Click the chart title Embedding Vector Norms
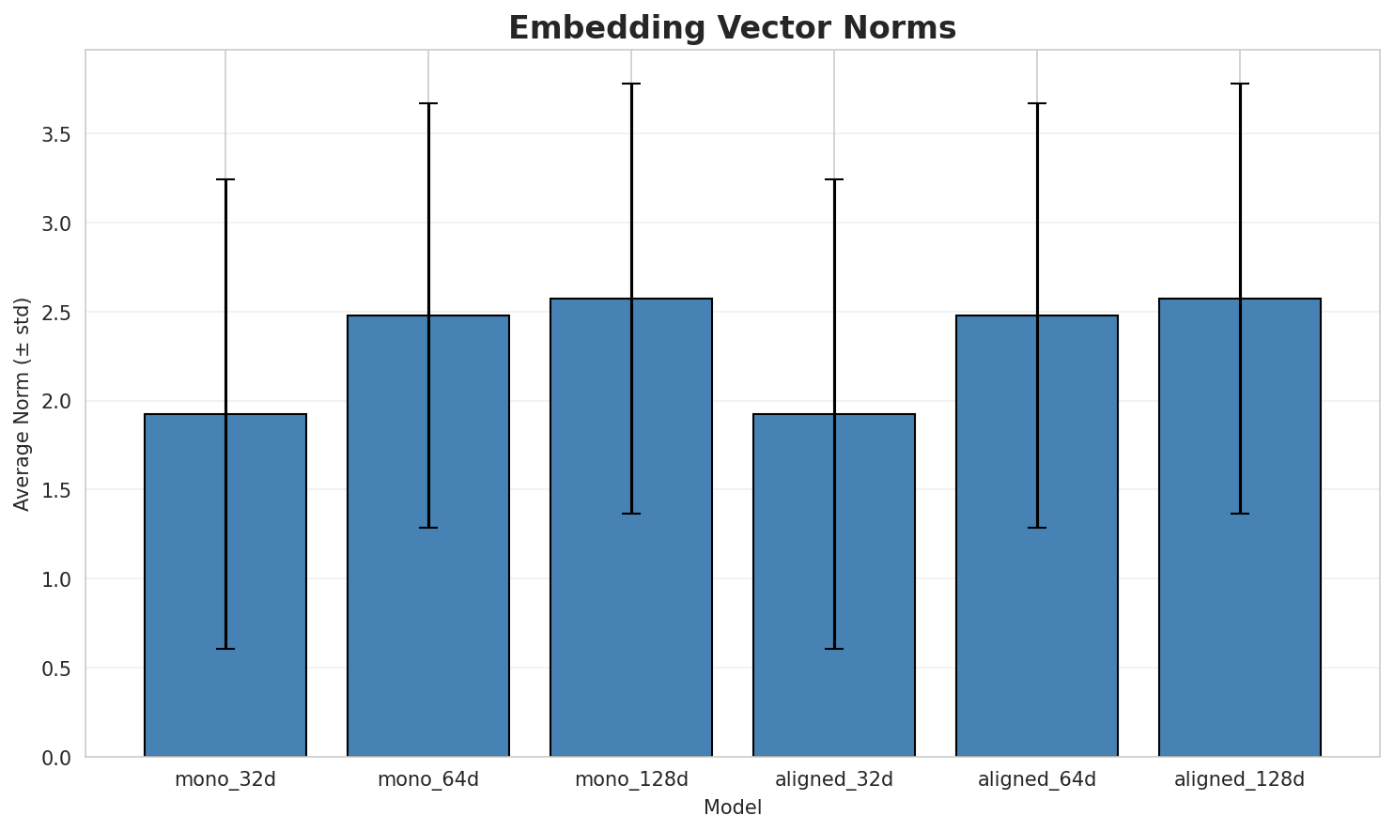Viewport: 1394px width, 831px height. tap(732, 28)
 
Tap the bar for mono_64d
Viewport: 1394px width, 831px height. tap(428, 536)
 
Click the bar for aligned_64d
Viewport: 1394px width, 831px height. tap(1037, 536)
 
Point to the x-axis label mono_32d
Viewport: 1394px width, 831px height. tap(225, 779)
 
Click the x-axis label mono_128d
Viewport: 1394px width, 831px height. tap(631, 779)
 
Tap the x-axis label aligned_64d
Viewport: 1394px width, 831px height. tap(1037, 779)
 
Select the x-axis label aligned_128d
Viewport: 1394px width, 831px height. tap(1240, 779)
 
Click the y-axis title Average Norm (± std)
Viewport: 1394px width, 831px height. tap(23, 404)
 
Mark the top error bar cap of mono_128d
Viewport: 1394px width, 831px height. tap(631, 84)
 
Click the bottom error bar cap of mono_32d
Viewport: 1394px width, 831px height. tap(225, 649)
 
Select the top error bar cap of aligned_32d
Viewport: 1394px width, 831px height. tap(834, 179)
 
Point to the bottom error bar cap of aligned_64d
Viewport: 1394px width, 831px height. tap(1037, 528)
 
